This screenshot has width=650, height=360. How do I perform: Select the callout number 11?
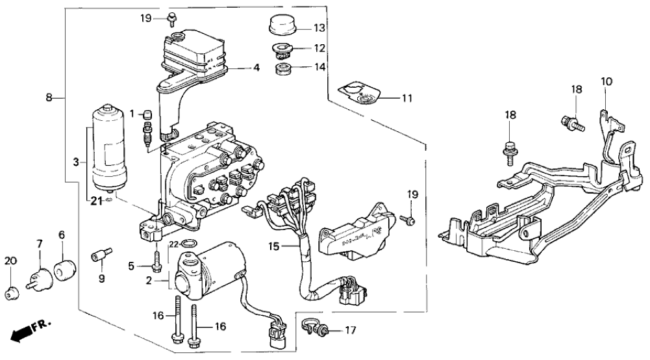(406, 99)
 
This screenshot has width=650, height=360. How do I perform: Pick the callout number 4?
(257, 67)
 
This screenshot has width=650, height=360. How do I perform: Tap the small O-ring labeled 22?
(188, 244)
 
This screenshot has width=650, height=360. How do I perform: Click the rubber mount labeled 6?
(63, 269)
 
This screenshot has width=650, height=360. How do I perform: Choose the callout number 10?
(606, 82)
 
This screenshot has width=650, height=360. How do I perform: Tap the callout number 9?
(101, 278)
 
